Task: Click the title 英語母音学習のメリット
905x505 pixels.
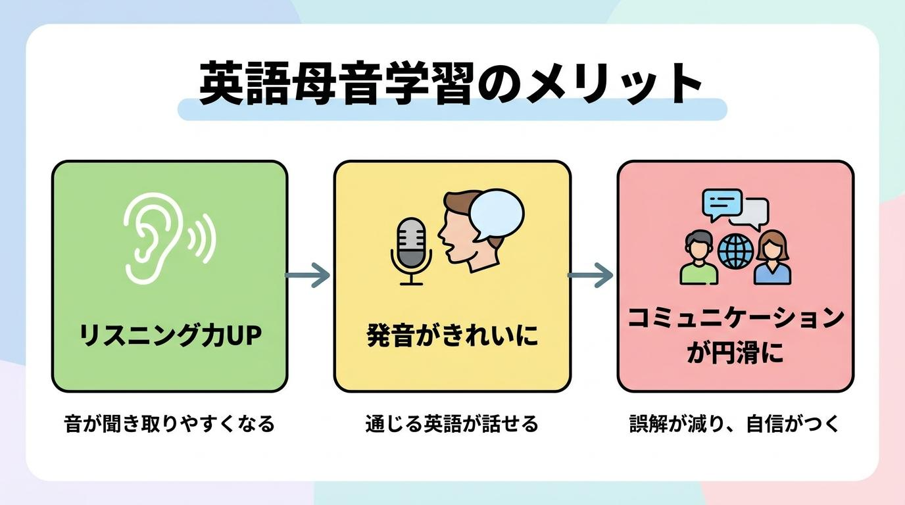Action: pos(451,84)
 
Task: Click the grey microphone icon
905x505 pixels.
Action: pos(411,251)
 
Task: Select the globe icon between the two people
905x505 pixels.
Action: pos(736,251)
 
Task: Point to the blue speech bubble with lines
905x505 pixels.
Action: pos(722,204)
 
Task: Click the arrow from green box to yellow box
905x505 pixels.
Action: pos(308,275)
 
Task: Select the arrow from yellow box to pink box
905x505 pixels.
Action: pos(590,275)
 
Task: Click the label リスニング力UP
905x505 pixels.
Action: pos(170,335)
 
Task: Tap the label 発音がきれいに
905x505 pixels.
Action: pos(452,335)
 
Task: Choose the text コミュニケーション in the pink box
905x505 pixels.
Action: pos(736,318)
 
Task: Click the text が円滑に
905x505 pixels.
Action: pos(736,352)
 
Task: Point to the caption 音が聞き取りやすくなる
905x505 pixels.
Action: pos(169,424)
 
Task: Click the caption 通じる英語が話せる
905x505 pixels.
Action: pos(452,424)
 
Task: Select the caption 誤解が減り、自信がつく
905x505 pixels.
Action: pos(735,424)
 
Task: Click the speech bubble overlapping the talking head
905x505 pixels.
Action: pos(497,215)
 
